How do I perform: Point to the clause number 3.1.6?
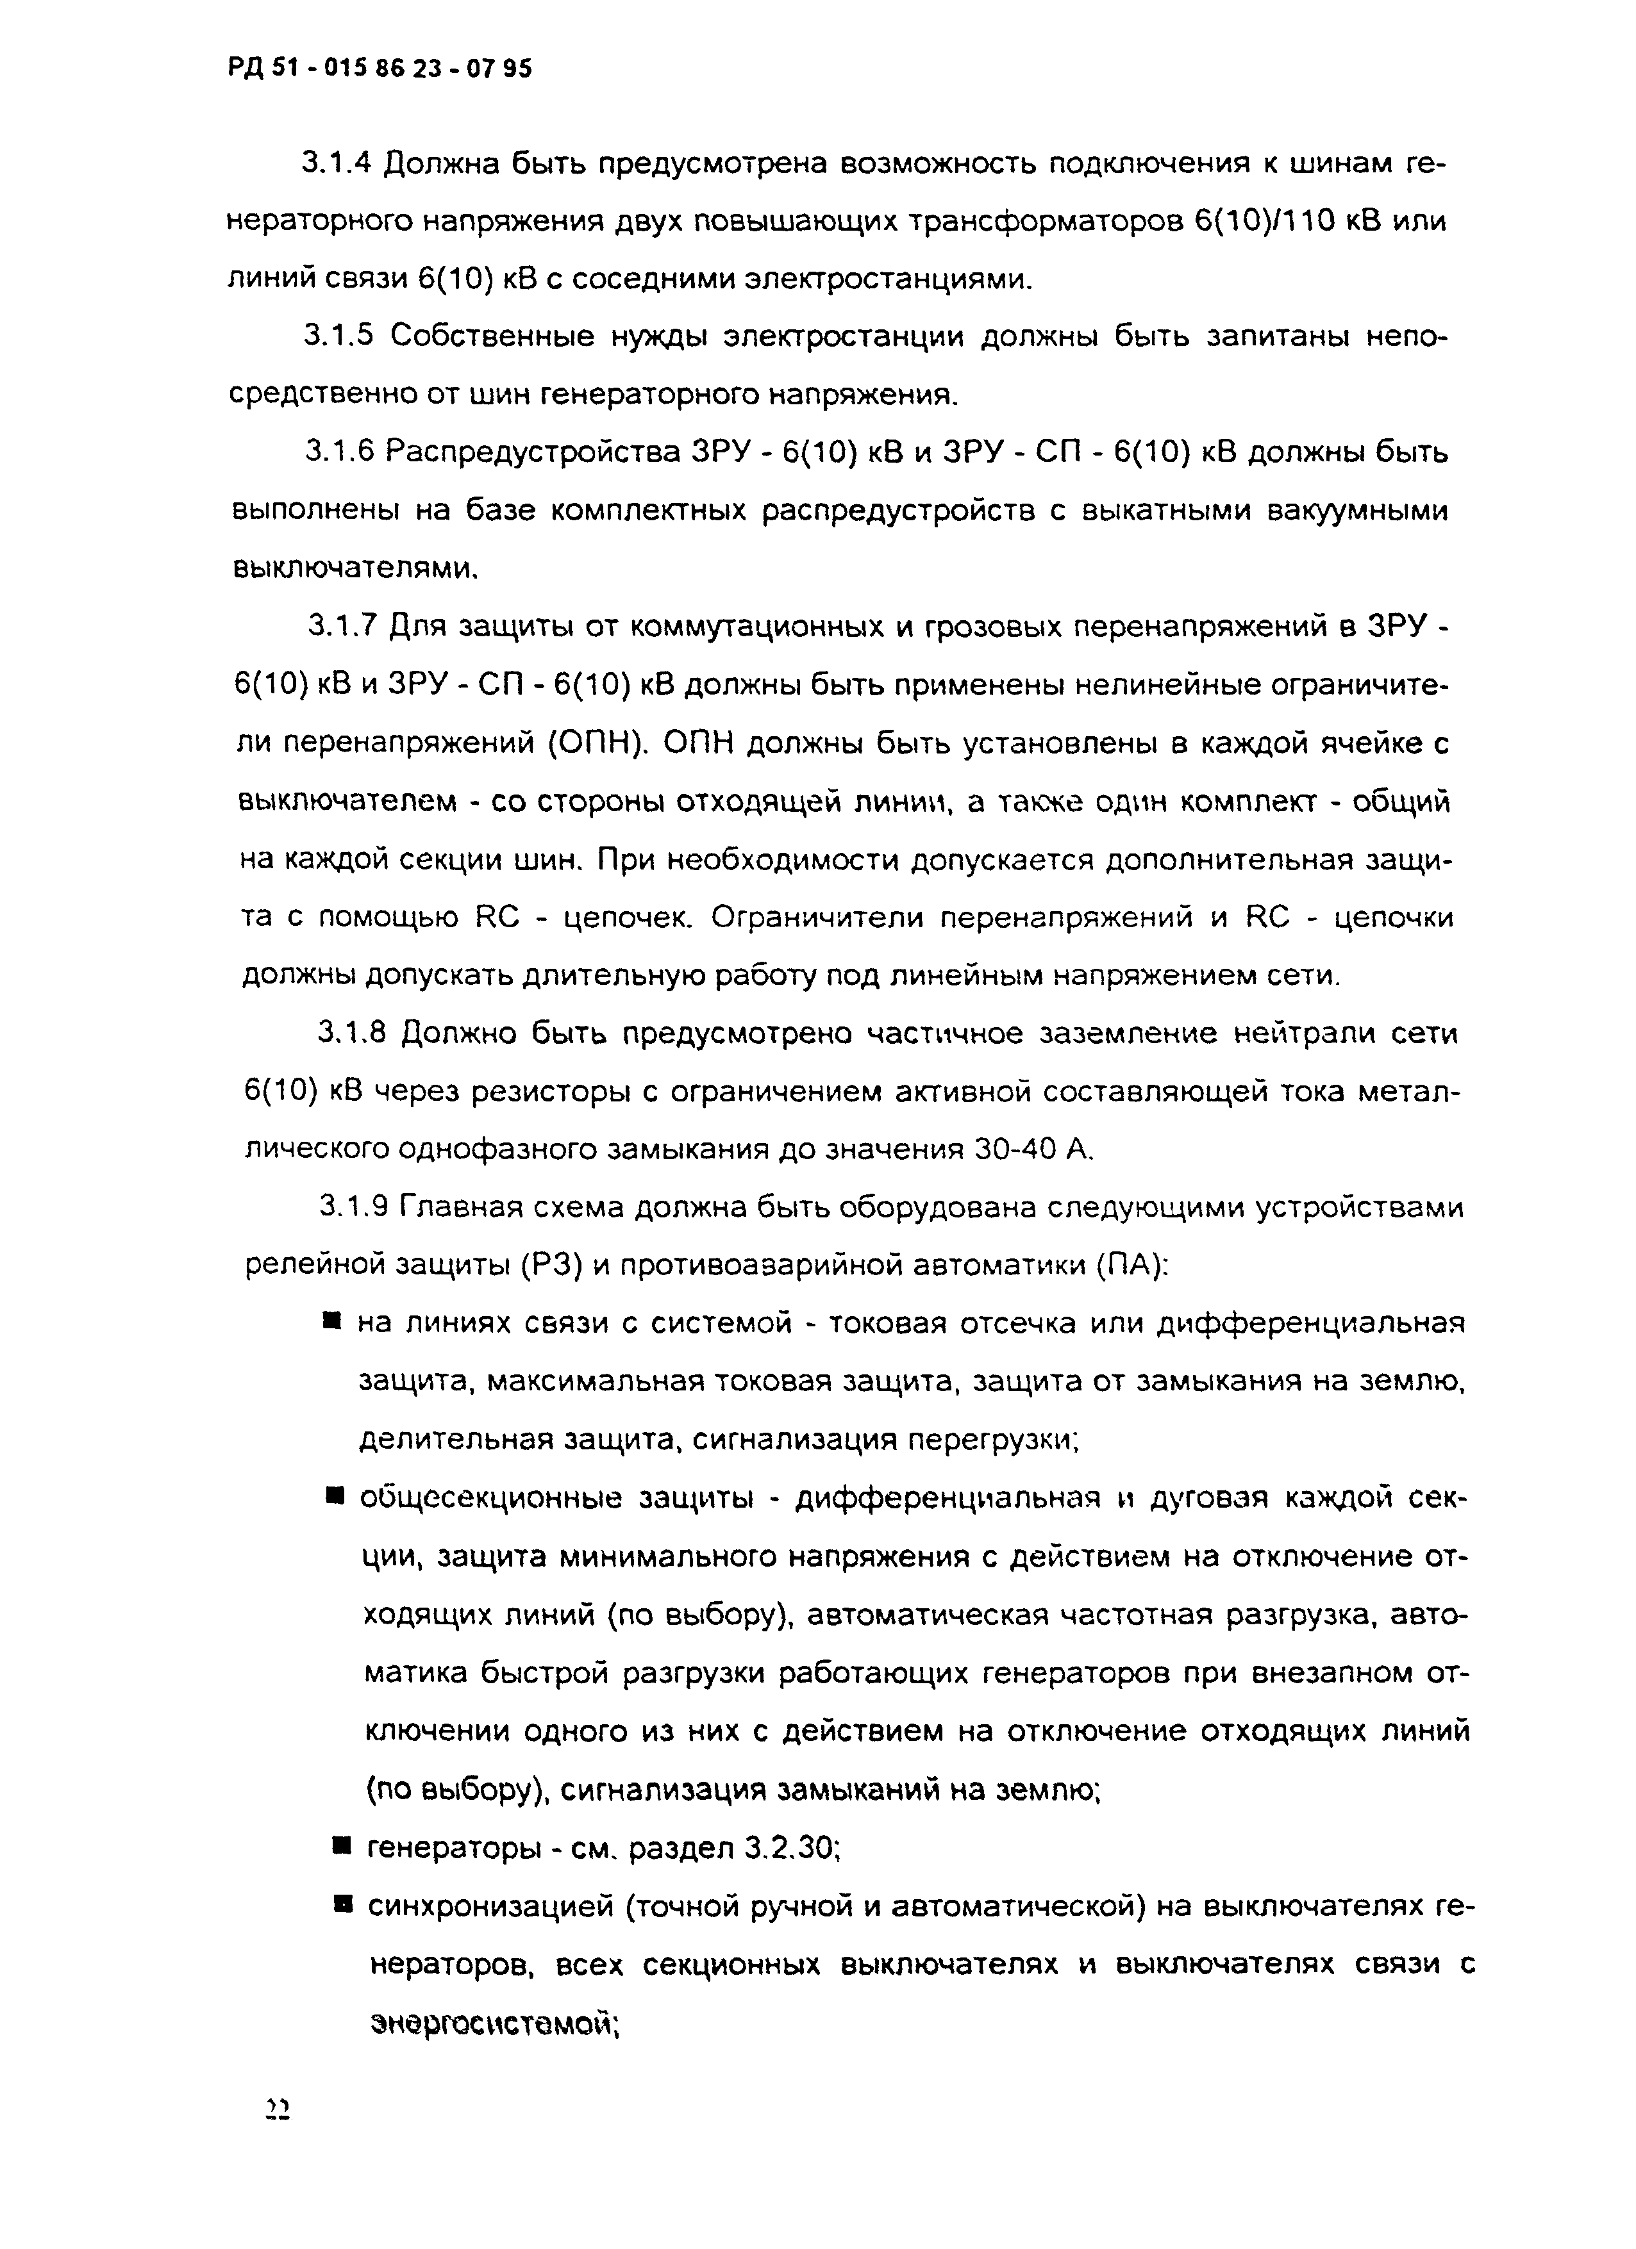pos(338,452)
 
